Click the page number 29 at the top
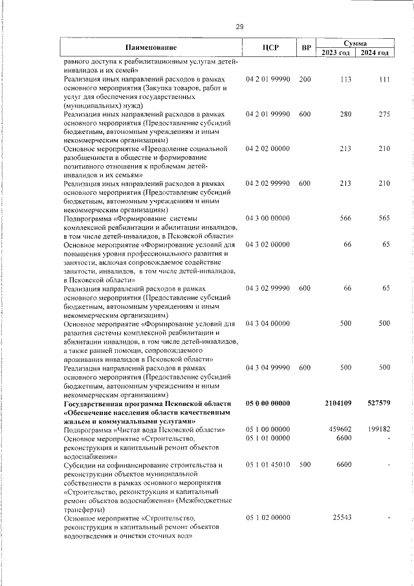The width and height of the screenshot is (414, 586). [239, 27]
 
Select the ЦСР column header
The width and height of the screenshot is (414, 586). [270, 47]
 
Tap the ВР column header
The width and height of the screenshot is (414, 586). [306, 47]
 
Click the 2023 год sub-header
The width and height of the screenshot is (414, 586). [336, 52]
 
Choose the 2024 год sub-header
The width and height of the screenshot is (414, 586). [375, 52]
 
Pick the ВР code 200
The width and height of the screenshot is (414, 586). [305, 79]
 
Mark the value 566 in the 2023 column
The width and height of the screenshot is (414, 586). [345, 218]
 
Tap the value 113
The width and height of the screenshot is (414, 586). [345, 79]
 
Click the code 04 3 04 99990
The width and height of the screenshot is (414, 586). [268, 368]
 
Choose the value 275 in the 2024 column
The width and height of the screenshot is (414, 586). [384, 114]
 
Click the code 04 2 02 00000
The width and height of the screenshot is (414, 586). [268, 149]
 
